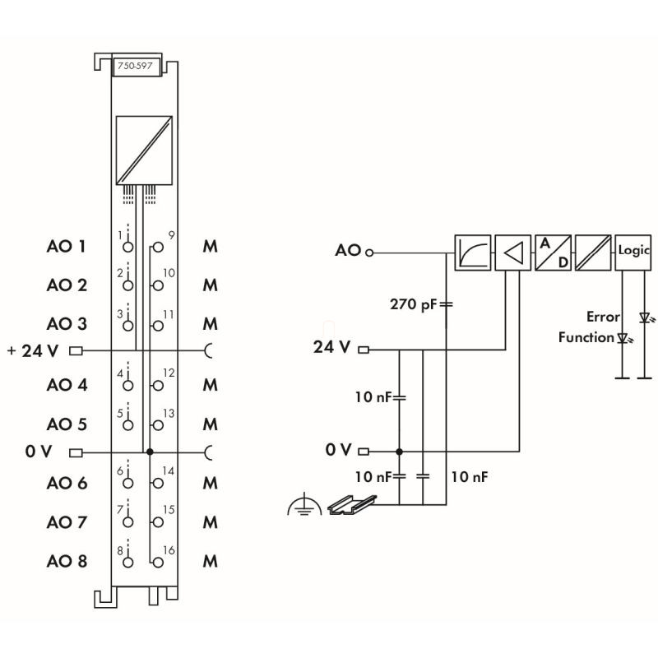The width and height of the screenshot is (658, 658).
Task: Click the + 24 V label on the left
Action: click(x=33, y=351)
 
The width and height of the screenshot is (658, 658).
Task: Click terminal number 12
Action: click(x=169, y=373)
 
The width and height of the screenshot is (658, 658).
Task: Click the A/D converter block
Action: click(x=553, y=253)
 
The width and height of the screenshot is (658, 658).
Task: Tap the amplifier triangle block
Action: click(x=512, y=253)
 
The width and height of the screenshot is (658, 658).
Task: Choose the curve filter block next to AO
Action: click(x=472, y=253)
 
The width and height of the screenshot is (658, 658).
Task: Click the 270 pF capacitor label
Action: click(x=414, y=304)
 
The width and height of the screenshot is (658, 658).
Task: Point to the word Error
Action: click(x=603, y=317)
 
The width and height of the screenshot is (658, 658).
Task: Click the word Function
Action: click(x=586, y=337)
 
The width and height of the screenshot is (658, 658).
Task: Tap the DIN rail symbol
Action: click(x=352, y=504)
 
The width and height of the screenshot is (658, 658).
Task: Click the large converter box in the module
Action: click(x=145, y=149)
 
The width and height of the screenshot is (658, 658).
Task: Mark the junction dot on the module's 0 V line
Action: click(x=150, y=452)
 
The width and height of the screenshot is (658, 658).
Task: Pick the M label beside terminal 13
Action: click(x=210, y=424)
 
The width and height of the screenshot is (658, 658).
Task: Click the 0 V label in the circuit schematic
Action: click(x=338, y=450)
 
